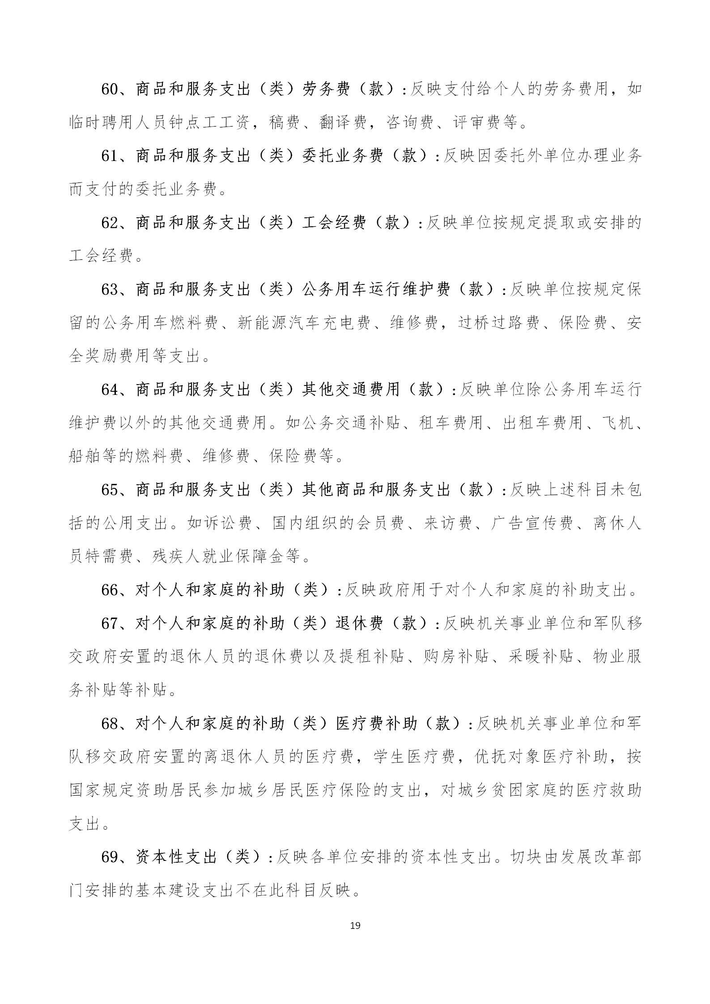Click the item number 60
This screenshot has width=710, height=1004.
coord(109,90)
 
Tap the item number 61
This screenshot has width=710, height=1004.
coord(109,156)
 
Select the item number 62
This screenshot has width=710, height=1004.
coord(109,223)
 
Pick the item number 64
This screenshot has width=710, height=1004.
coord(109,390)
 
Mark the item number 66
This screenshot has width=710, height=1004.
coord(109,590)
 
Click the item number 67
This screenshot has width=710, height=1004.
coord(109,623)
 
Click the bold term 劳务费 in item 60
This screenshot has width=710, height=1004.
coord(326,90)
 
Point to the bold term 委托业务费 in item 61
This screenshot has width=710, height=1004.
coord(342,156)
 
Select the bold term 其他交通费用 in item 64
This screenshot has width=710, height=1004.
coord(350,390)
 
